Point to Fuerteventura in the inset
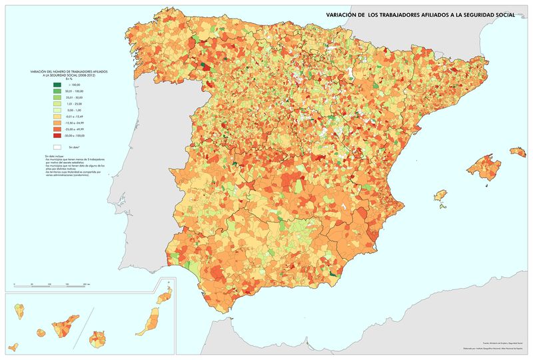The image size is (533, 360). coord(145,323)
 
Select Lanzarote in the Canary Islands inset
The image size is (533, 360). coord(162,299)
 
